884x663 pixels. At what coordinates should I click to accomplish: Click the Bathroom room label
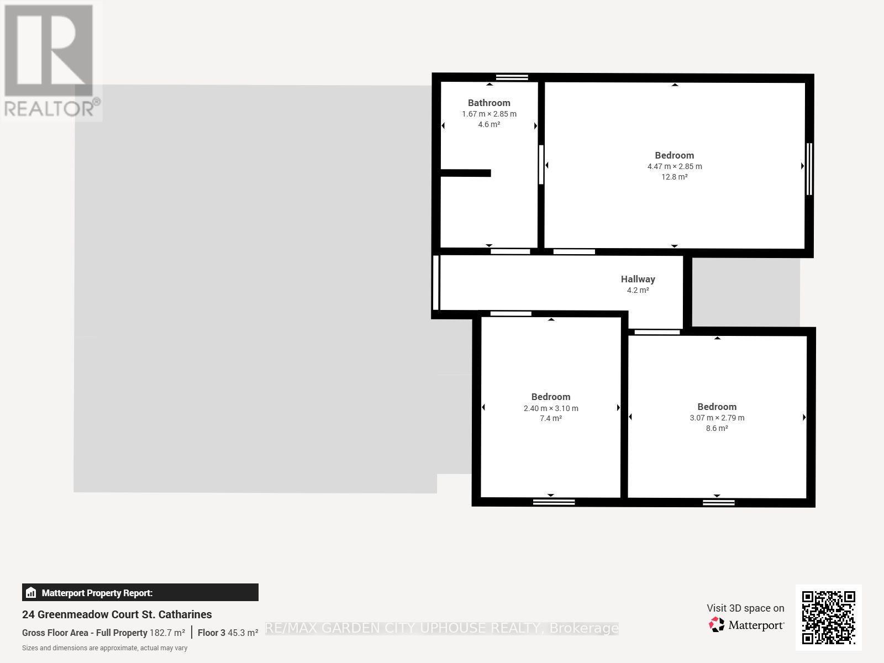tap(489, 103)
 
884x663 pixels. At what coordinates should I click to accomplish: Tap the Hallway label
tap(638, 279)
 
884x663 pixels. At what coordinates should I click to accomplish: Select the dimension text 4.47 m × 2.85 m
tap(675, 166)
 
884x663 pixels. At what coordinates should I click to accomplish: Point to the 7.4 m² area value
tap(550, 418)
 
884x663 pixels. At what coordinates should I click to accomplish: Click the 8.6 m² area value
tap(717, 428)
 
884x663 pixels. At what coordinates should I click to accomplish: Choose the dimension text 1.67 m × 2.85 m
tap(489, 114)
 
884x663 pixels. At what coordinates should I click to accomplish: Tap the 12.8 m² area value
tap(675, 177)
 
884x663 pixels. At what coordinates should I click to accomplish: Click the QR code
tap(828, 618)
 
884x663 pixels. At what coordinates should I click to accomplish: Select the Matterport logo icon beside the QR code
tap(717, 624)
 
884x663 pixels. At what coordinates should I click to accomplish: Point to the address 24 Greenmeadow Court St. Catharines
tap(117, 614)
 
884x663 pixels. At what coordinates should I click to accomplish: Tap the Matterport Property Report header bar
tap(140, 592)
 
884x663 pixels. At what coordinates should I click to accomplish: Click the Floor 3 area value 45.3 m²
tap(243, 633)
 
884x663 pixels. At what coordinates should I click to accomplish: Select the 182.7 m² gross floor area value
tap(167, 633)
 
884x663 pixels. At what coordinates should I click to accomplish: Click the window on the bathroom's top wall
tap(512, 77)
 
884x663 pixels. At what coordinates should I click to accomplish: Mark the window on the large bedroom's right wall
tap(809, 169)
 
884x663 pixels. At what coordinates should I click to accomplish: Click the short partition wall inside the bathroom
tap(466, 173)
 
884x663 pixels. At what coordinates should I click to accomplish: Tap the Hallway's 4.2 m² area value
tap(638, 290)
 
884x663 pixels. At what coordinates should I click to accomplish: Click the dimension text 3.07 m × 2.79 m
tap(717, 418)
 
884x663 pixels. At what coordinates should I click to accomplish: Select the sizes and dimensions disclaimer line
tap(105, 648)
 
